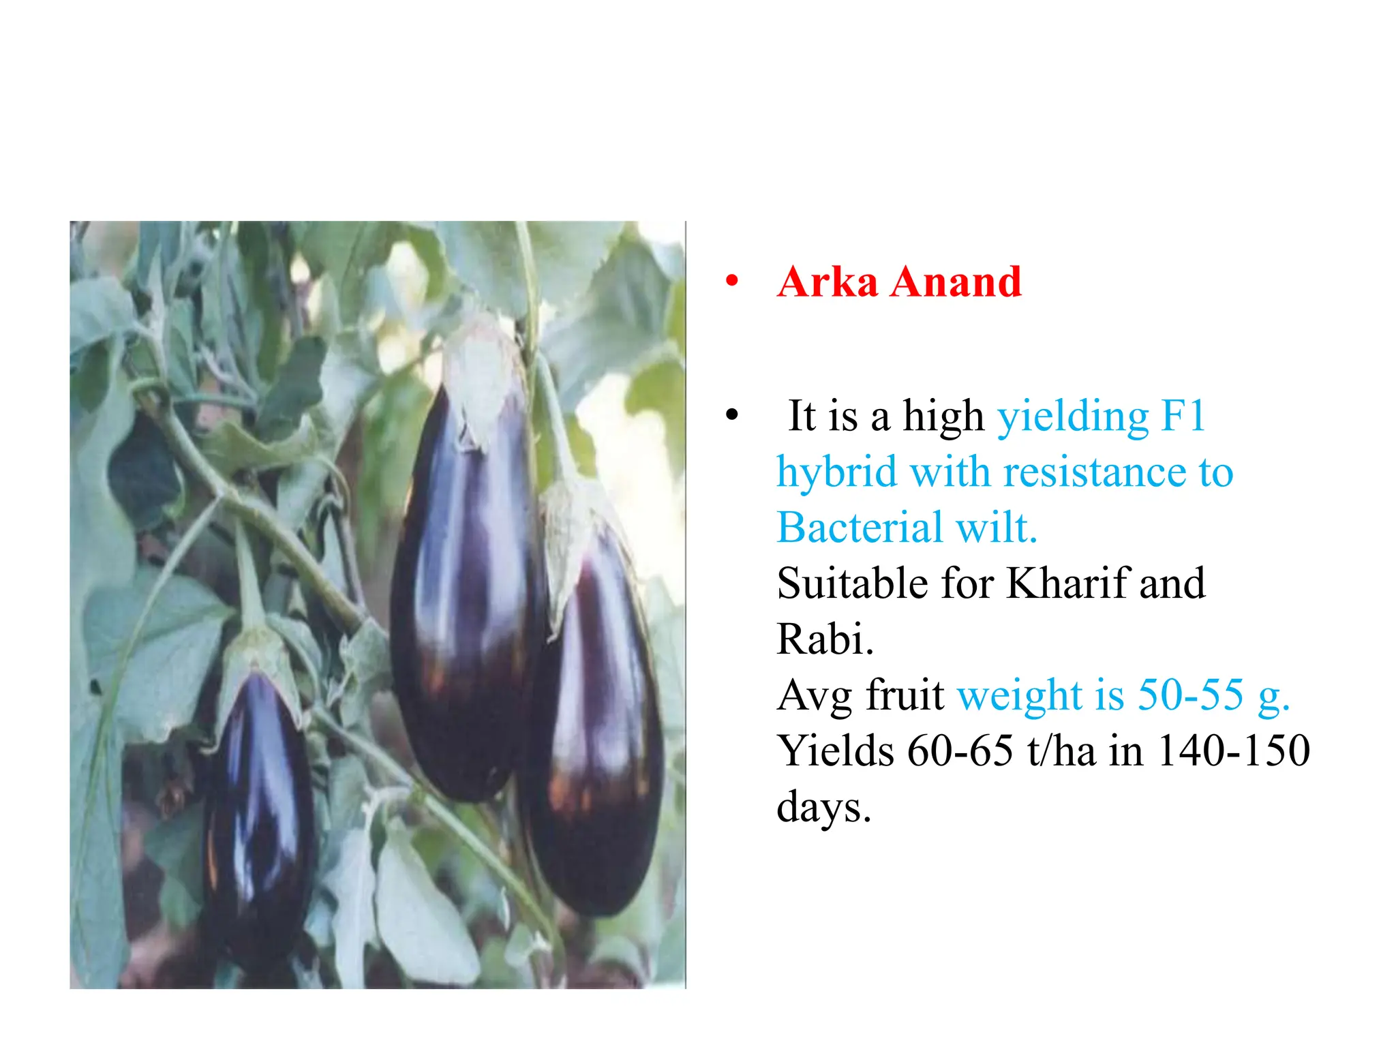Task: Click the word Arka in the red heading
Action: click(827, 282)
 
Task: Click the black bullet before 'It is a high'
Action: click(732, 414)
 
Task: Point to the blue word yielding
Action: click(1073, 417)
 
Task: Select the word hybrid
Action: click(836, 473)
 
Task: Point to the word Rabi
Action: click(824, 639)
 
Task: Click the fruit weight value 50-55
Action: click(1190, 695)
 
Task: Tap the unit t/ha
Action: click(1061, 751)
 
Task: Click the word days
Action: click(823, 808)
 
